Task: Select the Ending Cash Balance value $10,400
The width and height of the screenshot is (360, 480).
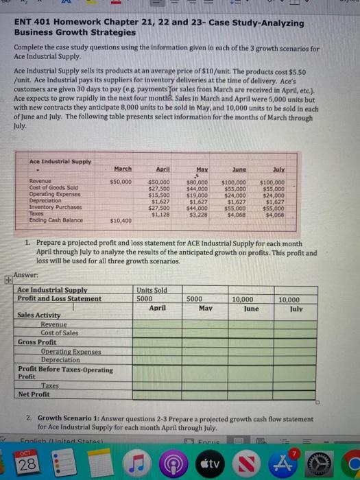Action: [x=121, y=220]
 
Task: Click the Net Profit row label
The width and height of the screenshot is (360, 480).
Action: [x=34, y=394]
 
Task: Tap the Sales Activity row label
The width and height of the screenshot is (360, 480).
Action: [x=40, y=315]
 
